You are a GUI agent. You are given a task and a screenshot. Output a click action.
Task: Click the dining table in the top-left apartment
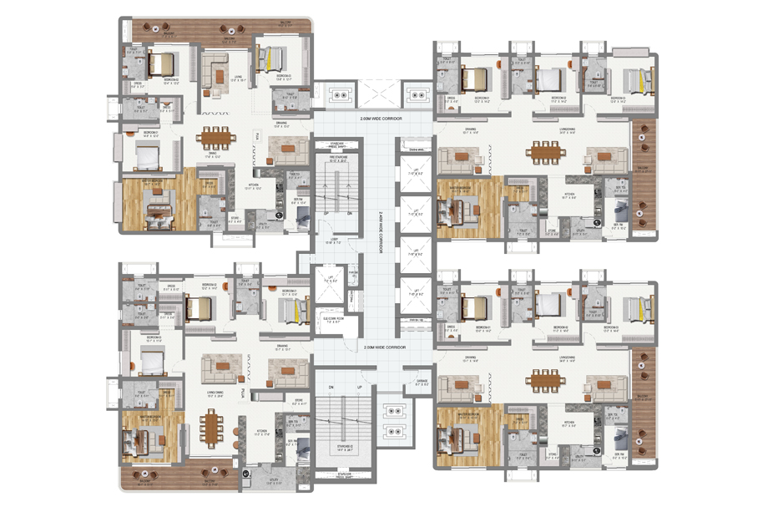pyautogui.click(x=217, y=135)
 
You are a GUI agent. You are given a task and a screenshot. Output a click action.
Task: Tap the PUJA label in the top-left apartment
pyautogui.click(x=259, y=136)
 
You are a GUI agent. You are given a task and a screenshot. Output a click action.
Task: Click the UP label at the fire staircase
pyautogui.click(x=325, y=213)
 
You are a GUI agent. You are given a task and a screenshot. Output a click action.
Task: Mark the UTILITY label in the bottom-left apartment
pyautogui.click(x=274, y=480)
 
